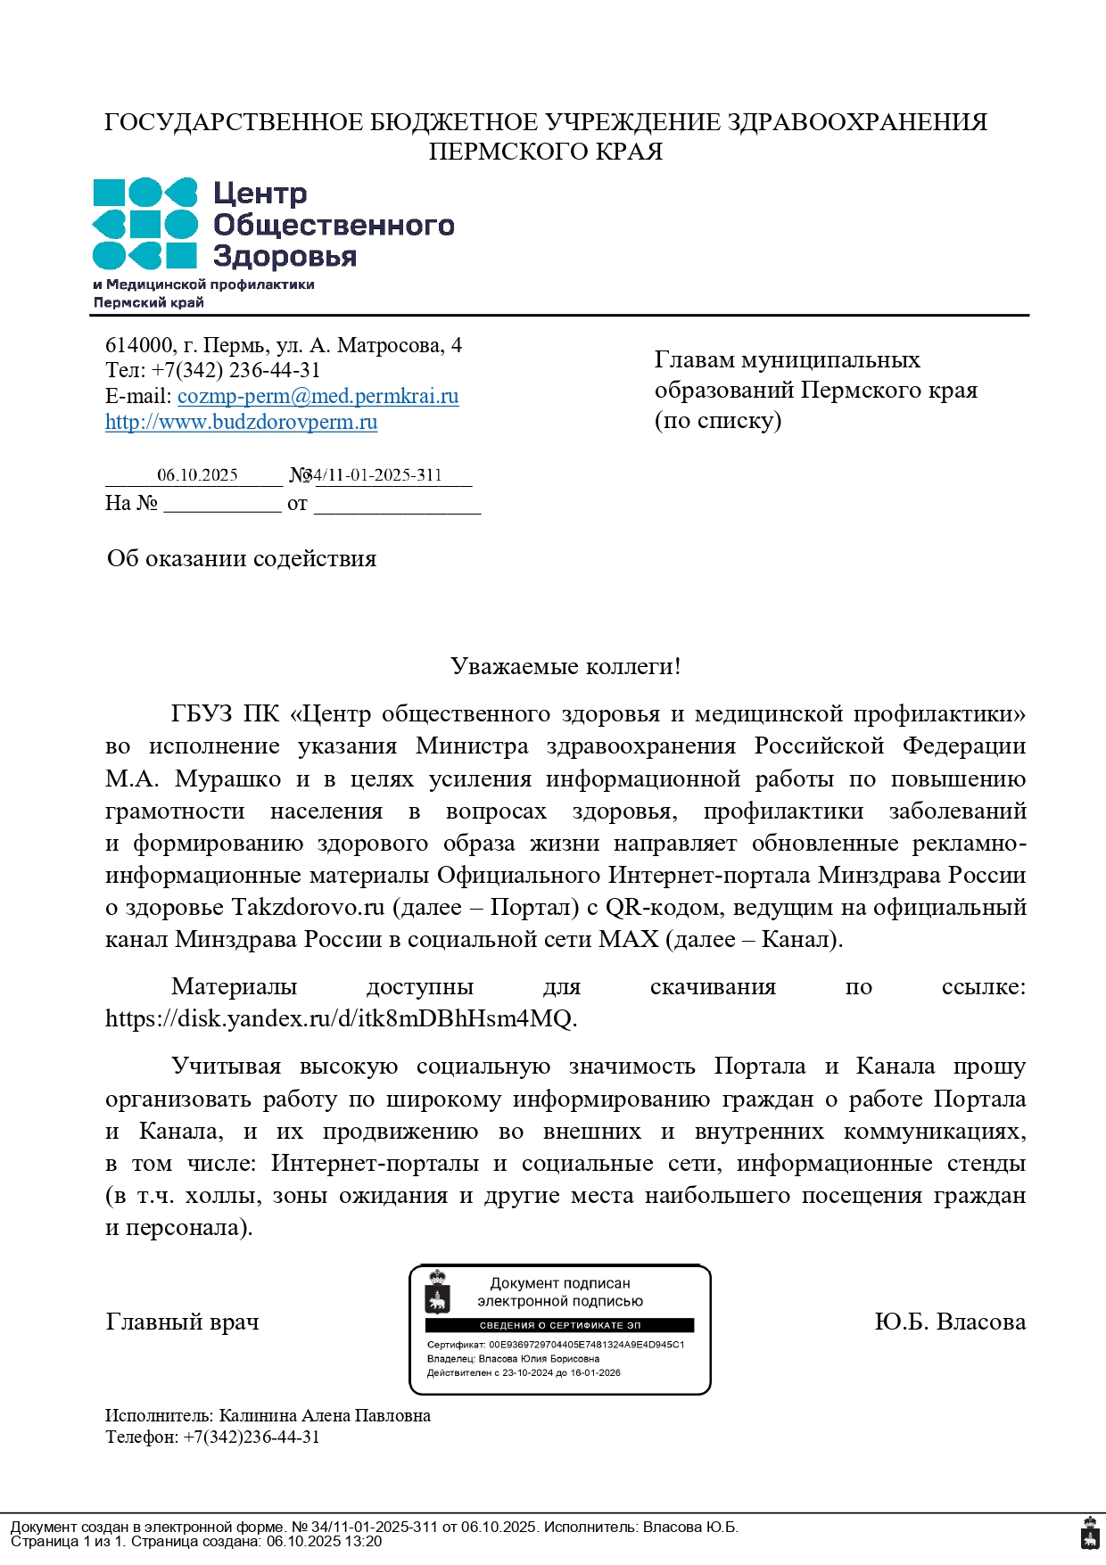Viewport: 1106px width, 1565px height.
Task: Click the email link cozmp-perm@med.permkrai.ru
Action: point(318,396)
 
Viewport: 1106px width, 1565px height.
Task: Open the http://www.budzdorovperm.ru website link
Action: point(241,422)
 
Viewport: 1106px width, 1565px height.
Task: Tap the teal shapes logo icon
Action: point(144,224)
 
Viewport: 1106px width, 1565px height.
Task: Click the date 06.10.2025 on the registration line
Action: point(197,475)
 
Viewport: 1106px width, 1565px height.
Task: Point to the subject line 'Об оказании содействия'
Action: point(242,559)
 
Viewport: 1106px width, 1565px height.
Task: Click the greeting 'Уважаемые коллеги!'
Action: point(565,666)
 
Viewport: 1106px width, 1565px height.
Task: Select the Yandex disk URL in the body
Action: point(341,1018)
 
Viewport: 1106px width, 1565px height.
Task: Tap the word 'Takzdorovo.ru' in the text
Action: point(308,908)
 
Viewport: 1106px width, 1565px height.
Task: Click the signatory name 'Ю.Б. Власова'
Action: point(950,1322)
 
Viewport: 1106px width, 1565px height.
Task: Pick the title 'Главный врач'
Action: point(182,1322)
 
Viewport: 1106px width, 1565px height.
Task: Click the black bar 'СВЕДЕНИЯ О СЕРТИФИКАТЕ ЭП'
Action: point(559,1325)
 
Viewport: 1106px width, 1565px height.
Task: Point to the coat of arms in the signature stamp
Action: point(437,1293)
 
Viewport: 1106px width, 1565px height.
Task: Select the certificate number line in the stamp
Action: point(555,1345)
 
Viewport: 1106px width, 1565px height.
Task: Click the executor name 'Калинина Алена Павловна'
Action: point(325,1416)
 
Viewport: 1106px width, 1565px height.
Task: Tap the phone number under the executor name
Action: point(251,1437)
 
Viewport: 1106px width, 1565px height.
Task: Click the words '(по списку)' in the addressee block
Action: point(718,420)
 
